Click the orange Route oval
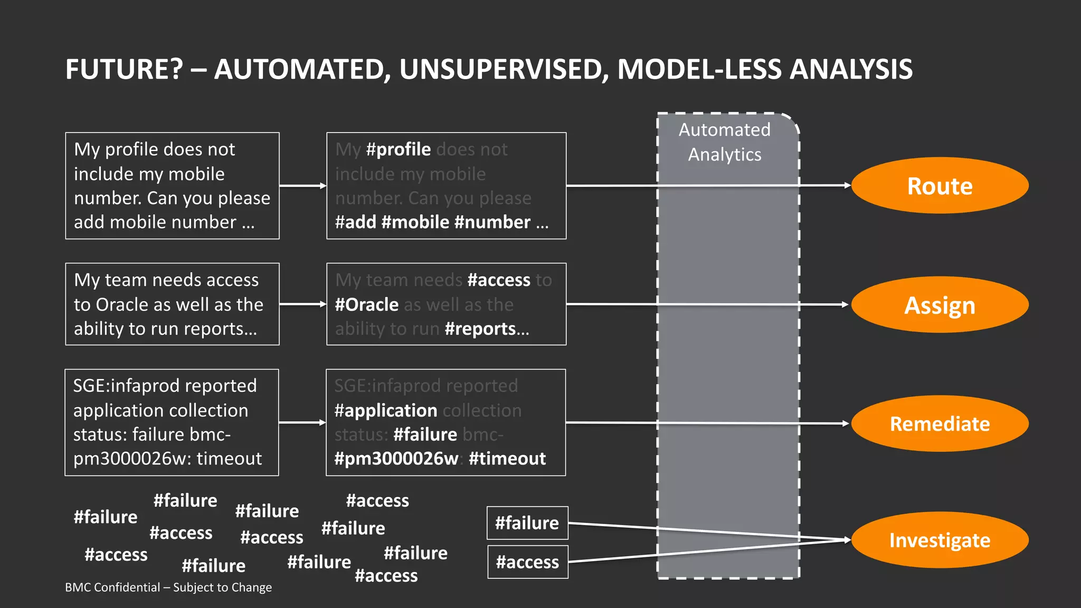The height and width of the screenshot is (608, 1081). [x=940, y=186]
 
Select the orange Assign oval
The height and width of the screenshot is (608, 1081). [x=940, y=305]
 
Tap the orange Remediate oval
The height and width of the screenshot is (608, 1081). [x=940, y=424]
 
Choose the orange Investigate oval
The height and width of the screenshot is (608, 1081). [x=940, y=540]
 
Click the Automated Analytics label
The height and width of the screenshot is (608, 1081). [x=725, y=142]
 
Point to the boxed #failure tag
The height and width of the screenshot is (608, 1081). [x=527, y=523]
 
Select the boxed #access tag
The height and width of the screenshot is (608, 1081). [x=527, y=562]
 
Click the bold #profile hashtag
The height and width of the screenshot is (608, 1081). [x=399, y=149]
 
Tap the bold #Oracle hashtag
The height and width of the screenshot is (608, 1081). [x=367, y=305]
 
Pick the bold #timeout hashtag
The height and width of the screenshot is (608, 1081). [x=507, y=459]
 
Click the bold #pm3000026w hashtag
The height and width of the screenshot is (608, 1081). [x=396, y=459]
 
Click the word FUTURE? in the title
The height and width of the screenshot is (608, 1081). [x=124, y=69]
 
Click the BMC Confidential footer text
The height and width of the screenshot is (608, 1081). [x=168, y=587]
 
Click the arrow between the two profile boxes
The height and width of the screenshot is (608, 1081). [x=302, y=186]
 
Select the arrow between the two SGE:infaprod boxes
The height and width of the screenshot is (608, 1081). [x=302, y=422]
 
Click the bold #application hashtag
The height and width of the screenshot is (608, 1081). [x=386, y=411]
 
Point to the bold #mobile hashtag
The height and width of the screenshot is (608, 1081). [x=415, y=222]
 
